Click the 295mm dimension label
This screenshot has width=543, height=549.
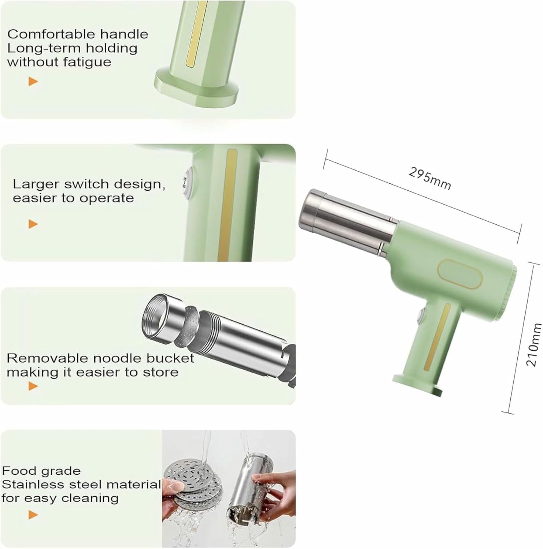[429, 178]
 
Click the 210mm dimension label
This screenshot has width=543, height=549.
[533, 344]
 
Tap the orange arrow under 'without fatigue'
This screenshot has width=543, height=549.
[33, 81]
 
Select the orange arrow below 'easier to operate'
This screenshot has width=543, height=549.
[33, 224]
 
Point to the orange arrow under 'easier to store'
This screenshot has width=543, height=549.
[33, 386]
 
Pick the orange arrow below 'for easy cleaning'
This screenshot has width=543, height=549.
[33, 515]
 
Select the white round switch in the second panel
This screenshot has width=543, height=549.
[188, 183]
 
